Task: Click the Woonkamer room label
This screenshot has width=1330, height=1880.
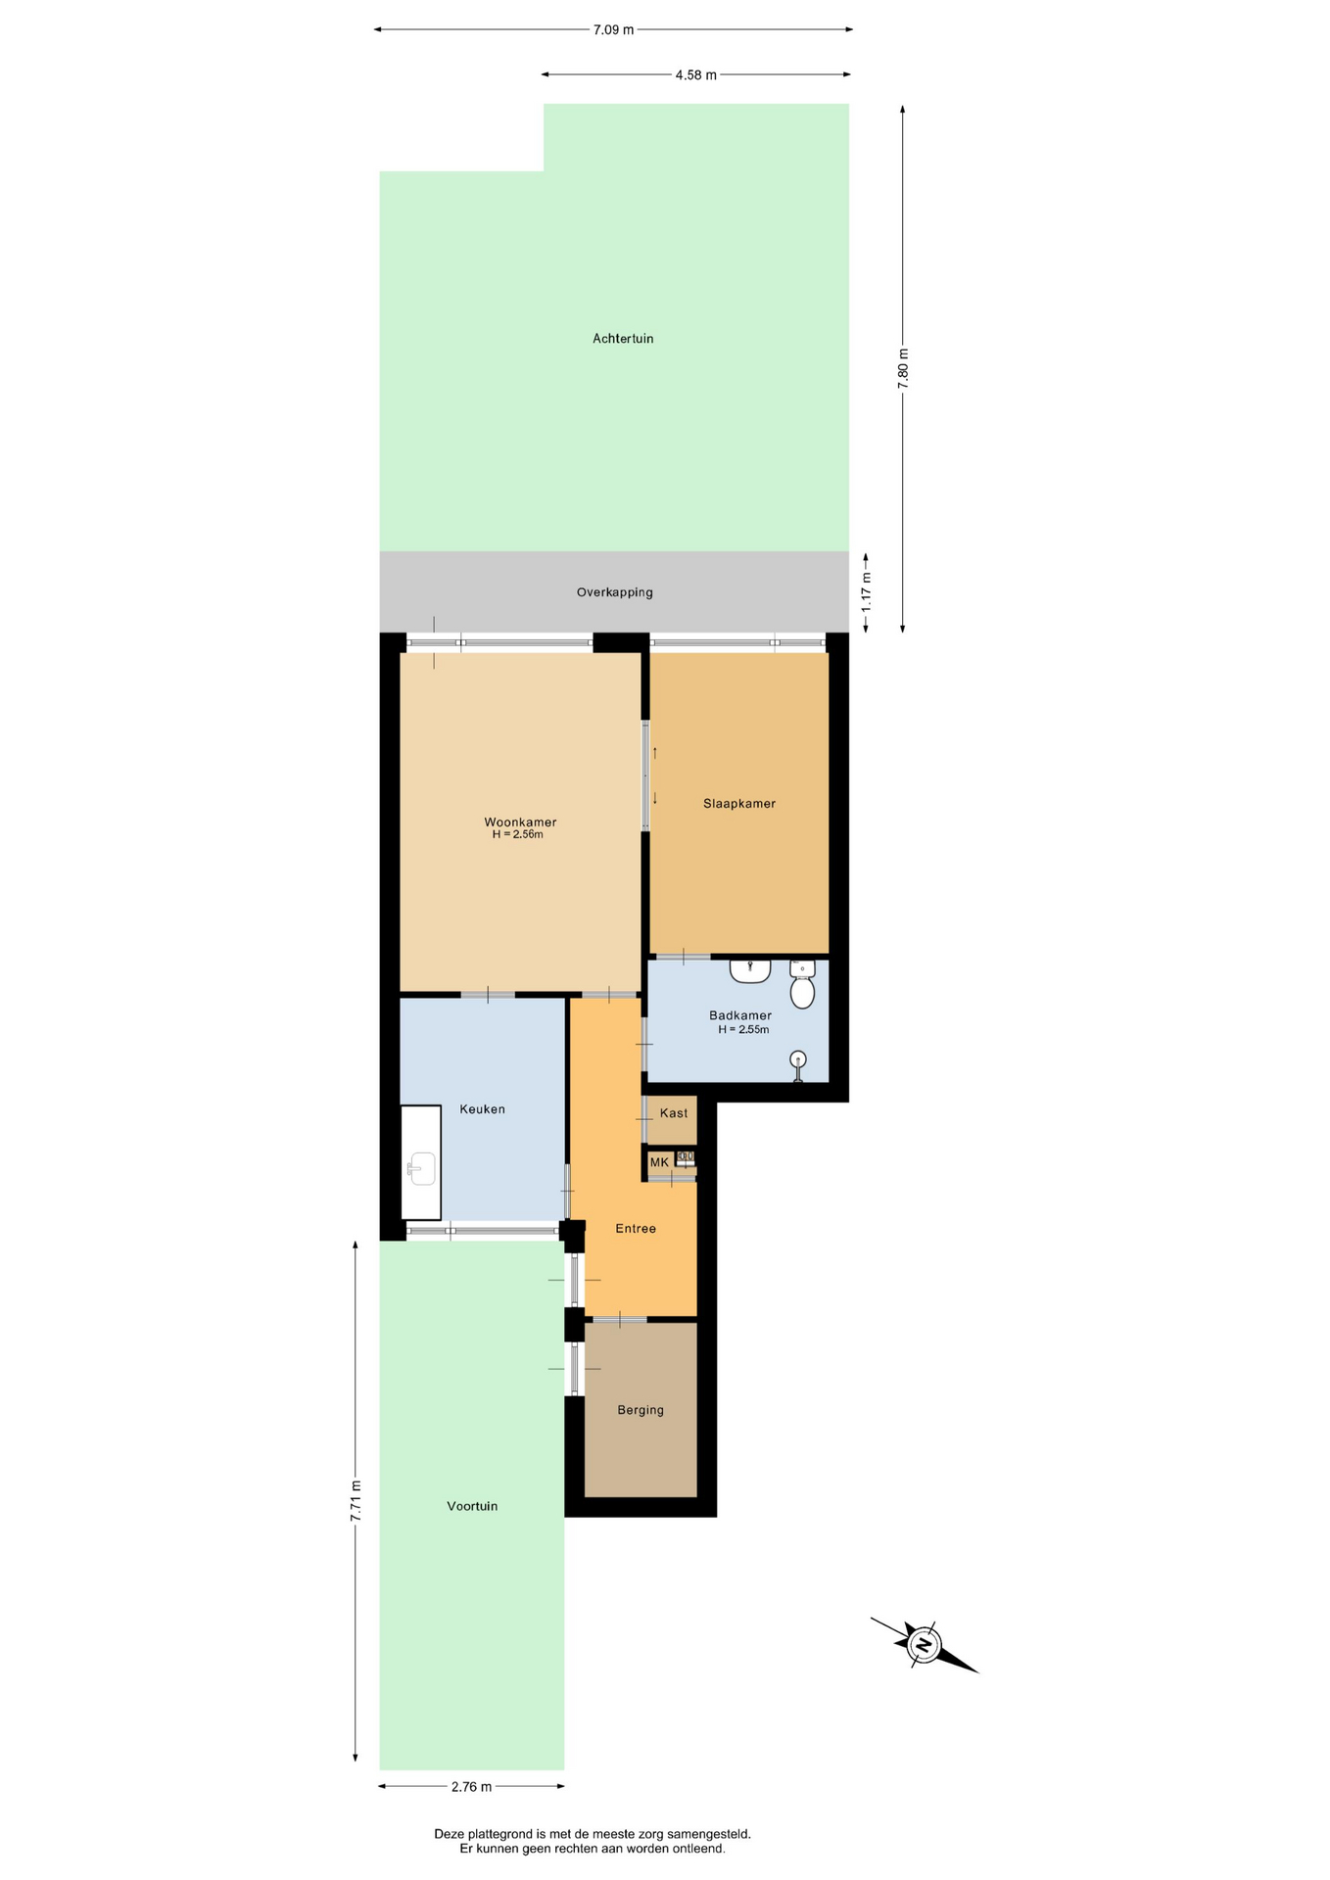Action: pos(520,822)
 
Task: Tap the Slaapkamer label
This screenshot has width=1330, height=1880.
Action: pos(739,804)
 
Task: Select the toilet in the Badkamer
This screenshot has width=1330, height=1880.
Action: pos(802,984)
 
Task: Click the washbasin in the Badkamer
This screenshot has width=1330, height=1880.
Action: pos(750,970)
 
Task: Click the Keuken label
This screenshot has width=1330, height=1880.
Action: pos(483,1109)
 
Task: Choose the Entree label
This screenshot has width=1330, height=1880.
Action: pos(636,1229)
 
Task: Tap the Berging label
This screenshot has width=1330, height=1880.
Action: pos(641,1410)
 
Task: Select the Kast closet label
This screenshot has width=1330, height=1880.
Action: pos(674,1113)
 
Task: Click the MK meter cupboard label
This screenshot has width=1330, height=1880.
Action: pos(659,1162)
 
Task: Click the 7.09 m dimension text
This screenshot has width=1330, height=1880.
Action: pos(613,29)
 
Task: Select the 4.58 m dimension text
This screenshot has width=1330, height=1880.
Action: pos(695,75)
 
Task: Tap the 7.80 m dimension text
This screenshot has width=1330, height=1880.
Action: pos(903,369)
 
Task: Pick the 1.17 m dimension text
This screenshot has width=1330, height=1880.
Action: pos(866,591)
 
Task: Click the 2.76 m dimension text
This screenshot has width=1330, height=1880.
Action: pos(471,1787)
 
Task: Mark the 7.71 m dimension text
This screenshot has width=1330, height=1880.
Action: pos(356,1500)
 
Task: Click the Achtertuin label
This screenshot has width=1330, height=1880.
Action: pos(623,339)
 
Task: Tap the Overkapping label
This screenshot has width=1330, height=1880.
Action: pos(614,592)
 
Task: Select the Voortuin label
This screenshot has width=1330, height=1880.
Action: pos(472,1506)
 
